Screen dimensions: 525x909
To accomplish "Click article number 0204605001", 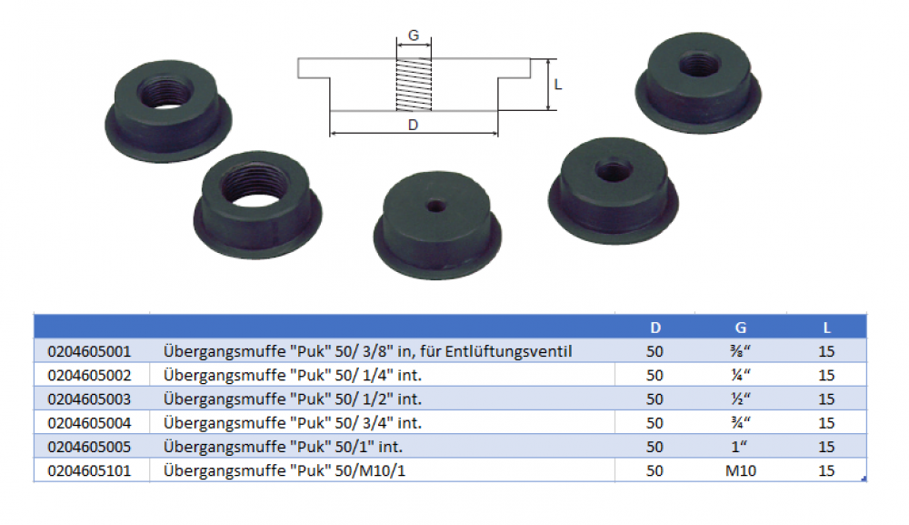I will coord(87,350).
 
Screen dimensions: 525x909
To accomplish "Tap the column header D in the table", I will coord(654,327).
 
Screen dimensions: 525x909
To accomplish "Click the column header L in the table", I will coord(826,327).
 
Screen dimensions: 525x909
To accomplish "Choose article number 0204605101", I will coord(87,470).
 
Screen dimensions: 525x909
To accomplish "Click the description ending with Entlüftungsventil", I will coord(367,350).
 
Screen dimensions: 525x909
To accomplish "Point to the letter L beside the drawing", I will coord(558,85).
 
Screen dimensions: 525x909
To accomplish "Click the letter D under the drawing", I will coord(414,125).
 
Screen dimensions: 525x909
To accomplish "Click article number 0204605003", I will coord(87,399).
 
